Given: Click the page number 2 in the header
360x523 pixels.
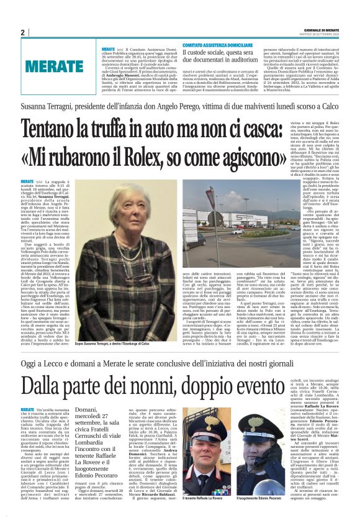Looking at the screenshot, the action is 22,32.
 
